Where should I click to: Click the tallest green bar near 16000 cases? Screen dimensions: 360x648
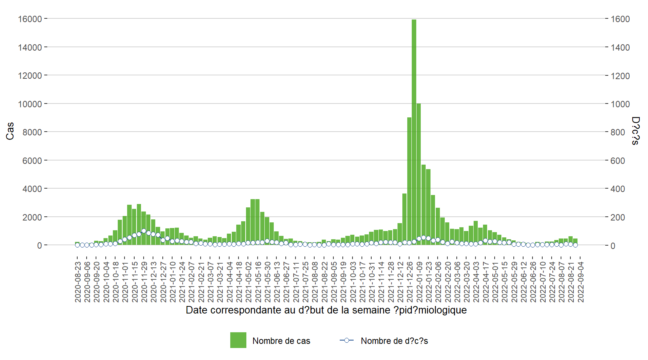[x=414, y=131]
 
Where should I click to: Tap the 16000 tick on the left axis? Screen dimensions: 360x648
[x=30, y=19]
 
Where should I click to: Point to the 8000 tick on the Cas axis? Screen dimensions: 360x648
[x=32, y=132]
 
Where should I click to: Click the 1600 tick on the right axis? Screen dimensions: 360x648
[x=620, y=19]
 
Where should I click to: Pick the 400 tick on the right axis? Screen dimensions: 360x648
[x=618, y=189]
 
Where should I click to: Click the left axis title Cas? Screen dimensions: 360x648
[x=10, y=131]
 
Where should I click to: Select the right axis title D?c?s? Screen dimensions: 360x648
[x=635, y=131]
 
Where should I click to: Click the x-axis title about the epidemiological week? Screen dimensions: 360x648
[x=326, y=310]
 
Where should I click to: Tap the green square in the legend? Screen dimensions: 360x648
[x=238, y=340]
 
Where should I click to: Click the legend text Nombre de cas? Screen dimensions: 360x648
[x=281, y=341]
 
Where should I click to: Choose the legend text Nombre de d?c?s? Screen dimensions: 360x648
[x=394, y=341]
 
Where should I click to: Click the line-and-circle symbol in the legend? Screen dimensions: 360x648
[x=346, y=340]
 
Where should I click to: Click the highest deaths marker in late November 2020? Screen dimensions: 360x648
[x=144, y=231]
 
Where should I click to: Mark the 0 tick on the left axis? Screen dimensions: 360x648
[x=39, y=246]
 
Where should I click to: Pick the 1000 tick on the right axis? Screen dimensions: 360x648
[x=620, y=104]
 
